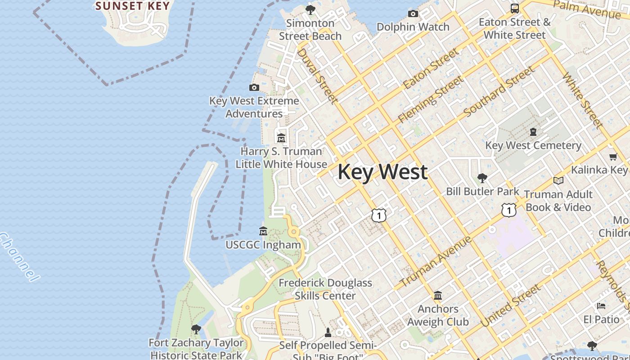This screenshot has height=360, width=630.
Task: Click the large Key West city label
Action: [382, 172]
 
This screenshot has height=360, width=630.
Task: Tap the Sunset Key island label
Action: [133, 6]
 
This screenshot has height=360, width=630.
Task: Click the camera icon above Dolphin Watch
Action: [413, 14]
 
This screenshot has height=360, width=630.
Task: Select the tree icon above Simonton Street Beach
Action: [310, 9]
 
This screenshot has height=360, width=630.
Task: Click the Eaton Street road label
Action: [431, 68]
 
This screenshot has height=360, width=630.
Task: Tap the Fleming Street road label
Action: [431, 99]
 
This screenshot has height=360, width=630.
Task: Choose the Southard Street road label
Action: [499, 91]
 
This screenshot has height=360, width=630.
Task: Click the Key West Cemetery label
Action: [533, 145]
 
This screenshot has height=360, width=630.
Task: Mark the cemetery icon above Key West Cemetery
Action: [533, 132]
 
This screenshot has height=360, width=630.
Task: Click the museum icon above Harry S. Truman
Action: [281, 138]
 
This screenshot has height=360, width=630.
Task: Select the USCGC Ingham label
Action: [263, 245]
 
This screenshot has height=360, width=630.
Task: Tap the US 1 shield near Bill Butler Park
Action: [508, 210]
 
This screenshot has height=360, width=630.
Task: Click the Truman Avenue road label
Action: [435, 261]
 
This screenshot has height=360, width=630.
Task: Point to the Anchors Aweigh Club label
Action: [438, 315]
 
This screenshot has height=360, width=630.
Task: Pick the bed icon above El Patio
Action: [601, 306]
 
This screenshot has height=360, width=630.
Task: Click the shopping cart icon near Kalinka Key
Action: [613, 157]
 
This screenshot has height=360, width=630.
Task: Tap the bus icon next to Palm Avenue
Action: [514, 8]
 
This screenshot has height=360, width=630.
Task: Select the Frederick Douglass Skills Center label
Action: [325, 289]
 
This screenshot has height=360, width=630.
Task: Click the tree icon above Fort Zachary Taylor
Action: [196, 329]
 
